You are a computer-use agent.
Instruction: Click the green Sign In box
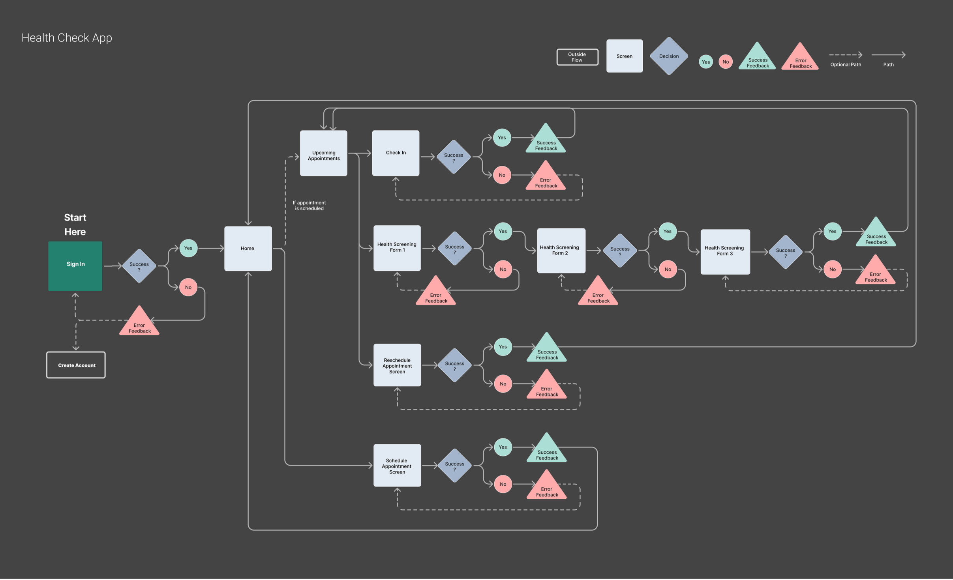[x=75, y=266]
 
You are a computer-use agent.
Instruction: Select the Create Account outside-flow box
[x=76, y=365]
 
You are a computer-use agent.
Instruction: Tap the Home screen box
[x=248, y=248]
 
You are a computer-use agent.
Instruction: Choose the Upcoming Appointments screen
[x=323, y=153]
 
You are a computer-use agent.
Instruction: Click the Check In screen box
[x=396, y=153]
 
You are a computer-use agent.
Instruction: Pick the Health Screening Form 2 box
[x=561, y=251]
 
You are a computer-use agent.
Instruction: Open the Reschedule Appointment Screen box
[x=397, y=365]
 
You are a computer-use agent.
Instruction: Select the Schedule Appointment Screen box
[x=397, y=466]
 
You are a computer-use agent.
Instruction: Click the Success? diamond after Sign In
[x=139, y=266]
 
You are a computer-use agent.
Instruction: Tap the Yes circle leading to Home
[x=188, y=248]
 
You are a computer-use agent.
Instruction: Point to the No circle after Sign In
[x=188, y=287]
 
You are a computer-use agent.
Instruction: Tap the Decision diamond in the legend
[x=669, y=56]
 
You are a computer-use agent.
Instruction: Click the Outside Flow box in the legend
[x=577, y=57]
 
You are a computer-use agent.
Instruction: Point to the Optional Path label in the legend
[x=846, y=65]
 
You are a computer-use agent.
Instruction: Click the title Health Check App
[x=67, y=38]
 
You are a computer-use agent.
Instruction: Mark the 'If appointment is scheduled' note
[x=309, y=206]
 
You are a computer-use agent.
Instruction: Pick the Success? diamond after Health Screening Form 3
[x=786, y=252]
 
